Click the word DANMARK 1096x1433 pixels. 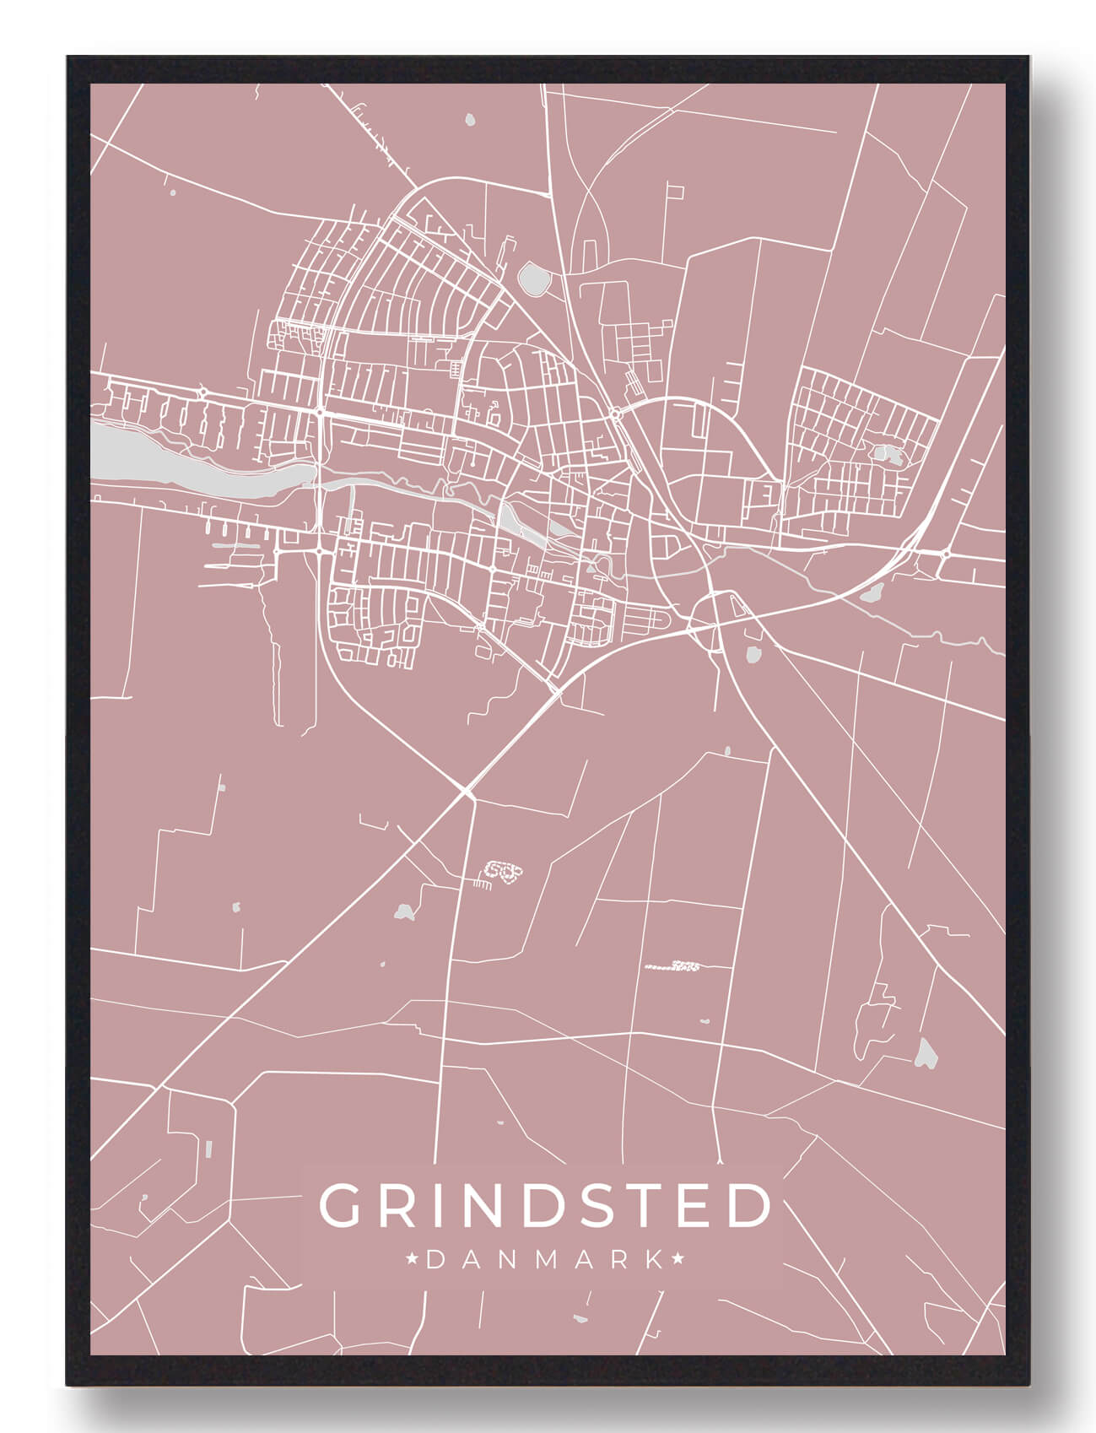pyautogui.click(x=545, y=1260)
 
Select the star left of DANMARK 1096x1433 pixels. pyautogui.click(x=413, y=1260)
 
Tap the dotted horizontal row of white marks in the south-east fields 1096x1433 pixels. pyautogui.click(x=675, y=965)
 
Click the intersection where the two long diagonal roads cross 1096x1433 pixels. pyautogui.click(x=467, y=791)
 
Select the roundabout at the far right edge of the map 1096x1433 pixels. pyautogui.click(x=946, y=554)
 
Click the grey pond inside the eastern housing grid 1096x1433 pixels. pyautogui.click(x=888, y=454)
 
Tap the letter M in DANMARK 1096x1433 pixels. pyautogui.click(x=547, y=1260)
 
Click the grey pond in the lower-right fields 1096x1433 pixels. pyautogui.click(x=926, y=1052)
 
